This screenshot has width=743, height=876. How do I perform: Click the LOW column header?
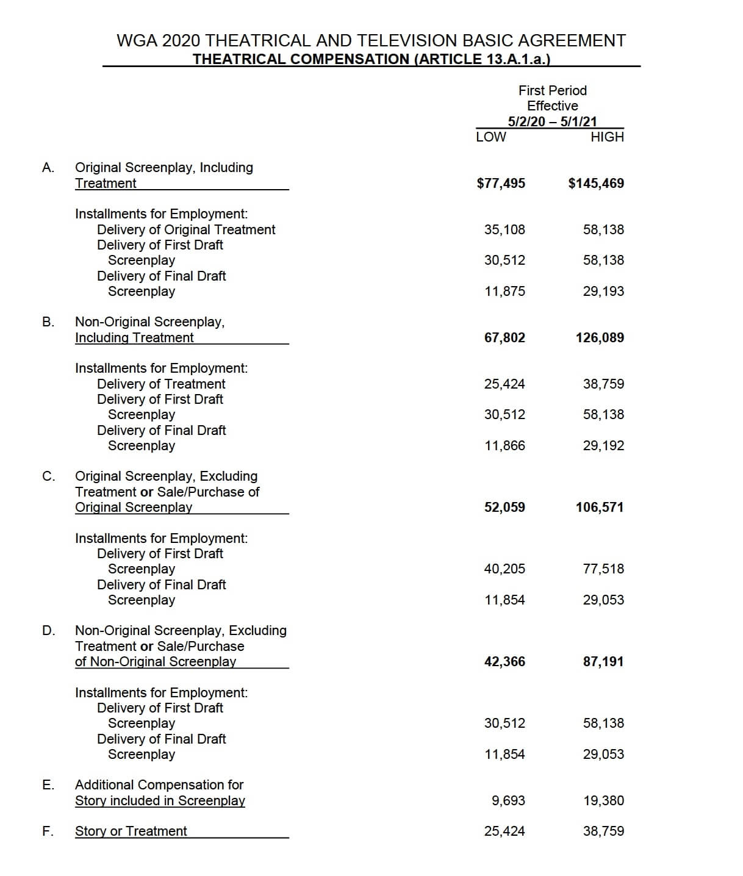tap(490, 137)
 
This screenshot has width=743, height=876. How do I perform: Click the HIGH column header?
tap(607, 137)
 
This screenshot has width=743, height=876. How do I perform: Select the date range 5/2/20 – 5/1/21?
tap(552, 121)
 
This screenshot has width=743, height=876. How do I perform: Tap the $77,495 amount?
tap(501, 184)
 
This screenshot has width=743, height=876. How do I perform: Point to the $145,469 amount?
tap(596, 184)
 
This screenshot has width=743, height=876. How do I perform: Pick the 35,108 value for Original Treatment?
tap(504, 230)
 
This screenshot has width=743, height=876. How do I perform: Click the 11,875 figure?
tap(504, 292)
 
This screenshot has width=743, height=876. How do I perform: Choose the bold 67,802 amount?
tap(504, 338)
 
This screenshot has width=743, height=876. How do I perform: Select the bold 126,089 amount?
tap(600, 338)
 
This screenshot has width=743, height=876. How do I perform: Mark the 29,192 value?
tap(603, 446)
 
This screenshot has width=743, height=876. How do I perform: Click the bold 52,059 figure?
tap(504, 508)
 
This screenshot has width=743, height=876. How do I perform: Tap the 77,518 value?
tap(603, 569)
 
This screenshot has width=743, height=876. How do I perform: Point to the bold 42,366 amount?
tap(504, 662)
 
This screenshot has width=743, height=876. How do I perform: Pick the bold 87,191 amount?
tap(603, 662)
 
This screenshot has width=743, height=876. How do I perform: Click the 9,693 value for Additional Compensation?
tap(508, 801)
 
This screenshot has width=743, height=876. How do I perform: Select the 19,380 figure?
tap(603, 801)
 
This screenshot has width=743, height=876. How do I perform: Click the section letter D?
tap(48, 631)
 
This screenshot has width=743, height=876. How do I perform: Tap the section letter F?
tap(48, 831)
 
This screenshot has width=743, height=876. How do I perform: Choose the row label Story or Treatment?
tap(131, 831)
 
